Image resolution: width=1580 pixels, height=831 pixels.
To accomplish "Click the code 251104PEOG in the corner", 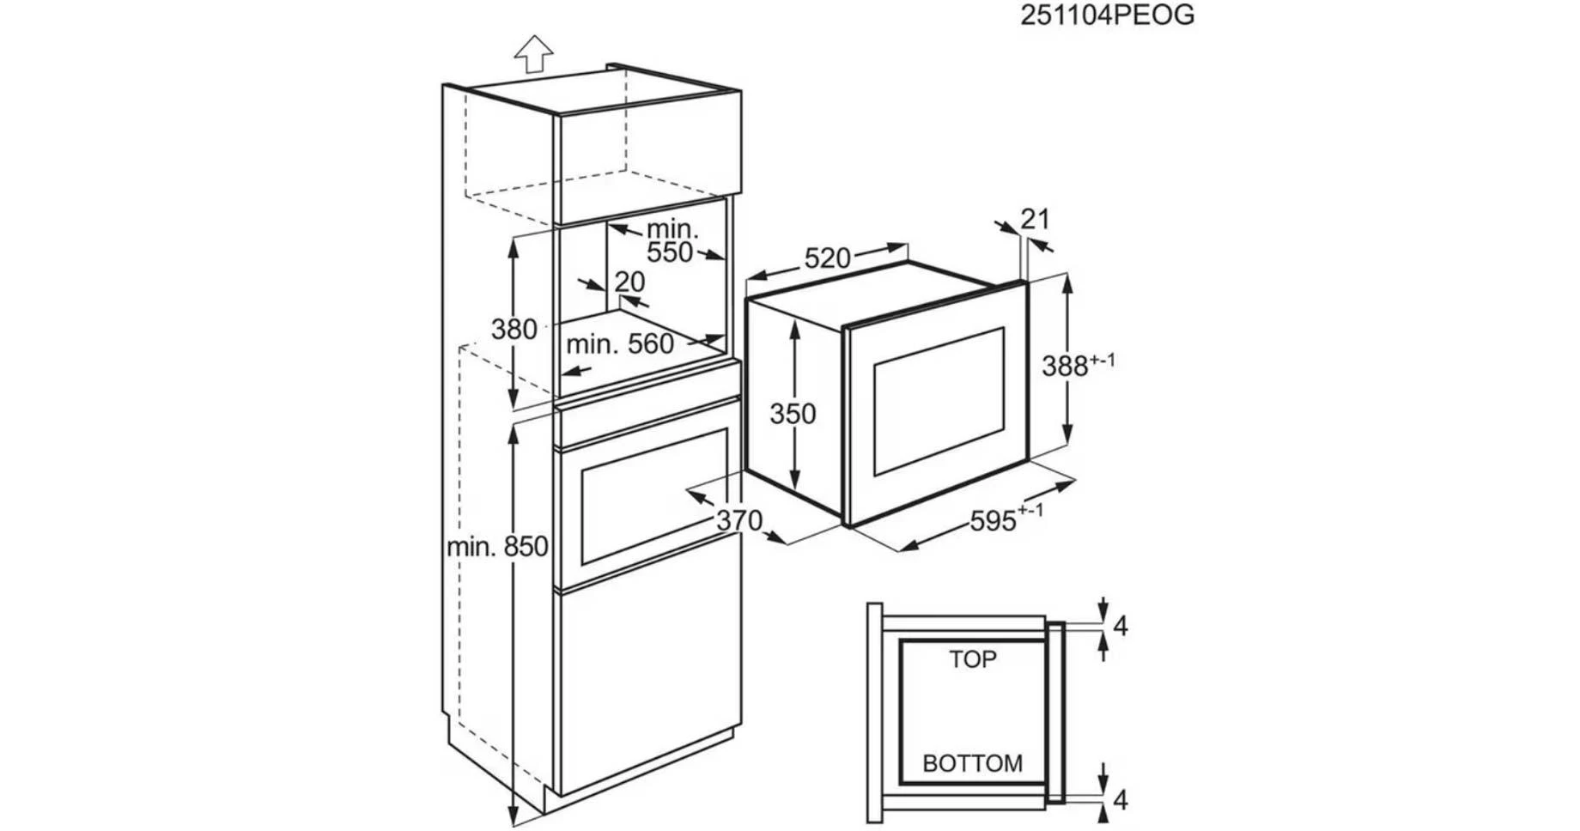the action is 1107,15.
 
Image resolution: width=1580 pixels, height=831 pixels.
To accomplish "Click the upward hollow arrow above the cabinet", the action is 534,53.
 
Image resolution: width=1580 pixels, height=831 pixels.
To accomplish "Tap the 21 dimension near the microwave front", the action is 1036,219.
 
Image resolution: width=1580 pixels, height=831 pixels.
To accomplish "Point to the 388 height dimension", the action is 1078,365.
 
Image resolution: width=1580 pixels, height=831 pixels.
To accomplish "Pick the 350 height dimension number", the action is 793,414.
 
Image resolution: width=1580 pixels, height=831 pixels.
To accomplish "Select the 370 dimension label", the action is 739,519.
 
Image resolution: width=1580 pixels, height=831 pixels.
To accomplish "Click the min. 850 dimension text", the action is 497,546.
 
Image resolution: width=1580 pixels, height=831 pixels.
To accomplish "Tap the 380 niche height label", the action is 513,329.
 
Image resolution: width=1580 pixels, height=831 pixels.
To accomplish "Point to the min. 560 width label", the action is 620,344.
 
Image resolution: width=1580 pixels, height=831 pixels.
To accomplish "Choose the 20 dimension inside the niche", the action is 629,282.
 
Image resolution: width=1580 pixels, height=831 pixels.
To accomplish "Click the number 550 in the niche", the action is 670,252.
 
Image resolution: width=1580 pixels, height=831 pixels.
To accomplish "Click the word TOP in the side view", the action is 973,659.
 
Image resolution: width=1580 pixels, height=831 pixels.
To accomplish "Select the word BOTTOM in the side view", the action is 973,763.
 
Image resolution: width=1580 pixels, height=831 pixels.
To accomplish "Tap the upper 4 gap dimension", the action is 1120,627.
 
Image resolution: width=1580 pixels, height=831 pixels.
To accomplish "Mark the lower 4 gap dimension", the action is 1120,800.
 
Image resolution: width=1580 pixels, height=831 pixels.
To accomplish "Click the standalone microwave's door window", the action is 939,402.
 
